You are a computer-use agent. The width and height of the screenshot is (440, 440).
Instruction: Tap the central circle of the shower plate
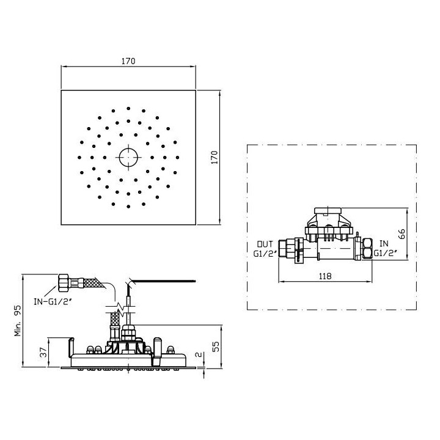(128, 158)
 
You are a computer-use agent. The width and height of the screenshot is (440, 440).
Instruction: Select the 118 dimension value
(325, 276)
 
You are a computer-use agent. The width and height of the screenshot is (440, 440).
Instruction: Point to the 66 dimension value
(402, 233)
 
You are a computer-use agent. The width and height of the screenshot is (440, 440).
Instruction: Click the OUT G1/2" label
(265, 248)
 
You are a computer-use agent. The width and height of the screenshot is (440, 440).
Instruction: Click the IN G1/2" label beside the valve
(385, 248)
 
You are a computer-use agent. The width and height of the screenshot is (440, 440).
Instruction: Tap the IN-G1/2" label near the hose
(53, 302)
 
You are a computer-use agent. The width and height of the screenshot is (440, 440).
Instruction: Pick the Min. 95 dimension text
(18, 321)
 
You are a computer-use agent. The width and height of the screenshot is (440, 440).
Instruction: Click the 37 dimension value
(43, 352)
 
